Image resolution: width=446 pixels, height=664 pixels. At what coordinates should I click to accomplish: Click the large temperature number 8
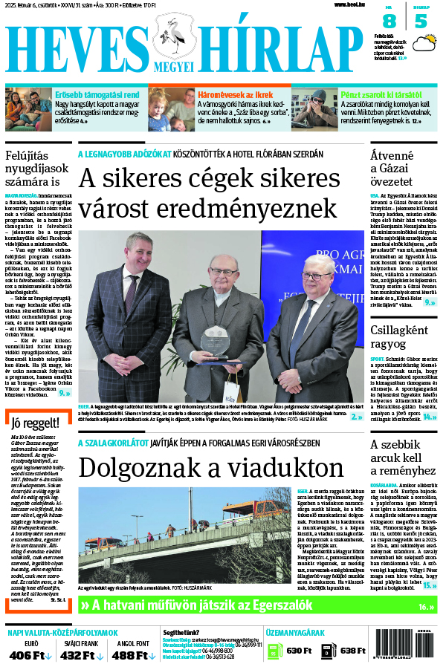point(388,22)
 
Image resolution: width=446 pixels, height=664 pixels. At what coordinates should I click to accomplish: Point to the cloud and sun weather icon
point(423,44)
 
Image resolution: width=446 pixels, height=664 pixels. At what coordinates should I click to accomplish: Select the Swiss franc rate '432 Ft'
point(80,655)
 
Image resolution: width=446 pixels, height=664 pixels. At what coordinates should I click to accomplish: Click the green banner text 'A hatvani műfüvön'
point(149,606)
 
